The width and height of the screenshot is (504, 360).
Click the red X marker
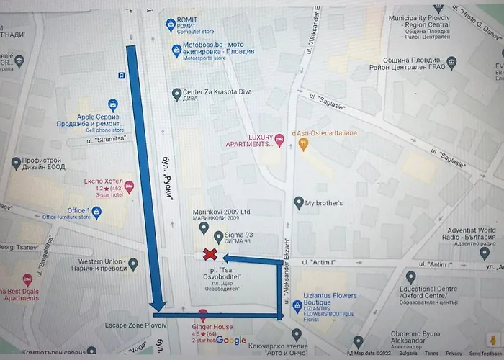pos(210,253)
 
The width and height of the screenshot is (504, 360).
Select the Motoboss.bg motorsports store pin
pos(176,50)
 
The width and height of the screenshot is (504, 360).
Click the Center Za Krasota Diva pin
pos(176,93)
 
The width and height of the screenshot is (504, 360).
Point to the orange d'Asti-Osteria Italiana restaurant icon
pos(304,144)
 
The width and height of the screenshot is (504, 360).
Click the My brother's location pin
pos(298,203)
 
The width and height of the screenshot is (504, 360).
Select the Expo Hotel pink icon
pos(129,187)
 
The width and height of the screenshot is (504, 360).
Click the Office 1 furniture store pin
pos(96,212)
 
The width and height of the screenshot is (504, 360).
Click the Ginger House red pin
pos(203,315)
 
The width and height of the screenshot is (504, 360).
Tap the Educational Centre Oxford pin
pos(410,277)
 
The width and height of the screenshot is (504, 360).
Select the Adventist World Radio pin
pos(484,252)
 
